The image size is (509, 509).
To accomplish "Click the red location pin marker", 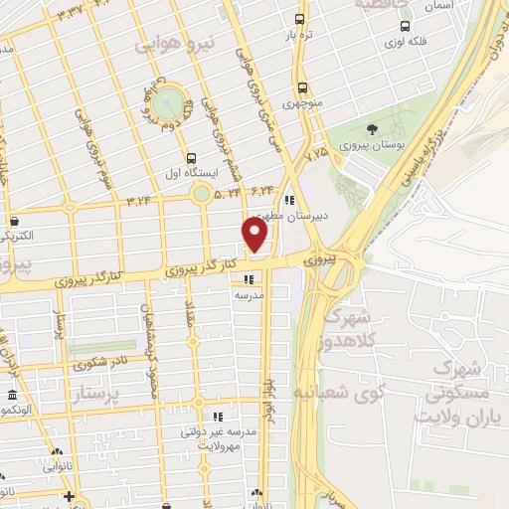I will (x=255, y=235).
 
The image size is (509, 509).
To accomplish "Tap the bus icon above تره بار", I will (x=300, y=19).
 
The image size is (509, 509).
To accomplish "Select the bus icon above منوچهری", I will (x=300, y=86).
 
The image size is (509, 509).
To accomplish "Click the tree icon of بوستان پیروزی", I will (x=372, y=129).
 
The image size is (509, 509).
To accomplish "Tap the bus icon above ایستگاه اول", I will (x=192, y=156).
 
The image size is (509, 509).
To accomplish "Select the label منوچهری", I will (x=303, y=103).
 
